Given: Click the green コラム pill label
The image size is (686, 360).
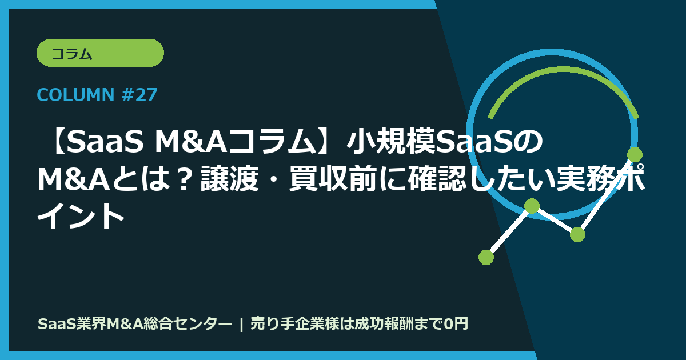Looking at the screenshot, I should [x=100, y=54].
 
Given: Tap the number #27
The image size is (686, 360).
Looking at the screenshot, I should [x=139, y=95].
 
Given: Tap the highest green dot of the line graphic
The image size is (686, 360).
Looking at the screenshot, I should [x=635, y=154].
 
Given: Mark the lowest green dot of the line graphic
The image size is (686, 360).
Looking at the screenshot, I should [x=486, y=257].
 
